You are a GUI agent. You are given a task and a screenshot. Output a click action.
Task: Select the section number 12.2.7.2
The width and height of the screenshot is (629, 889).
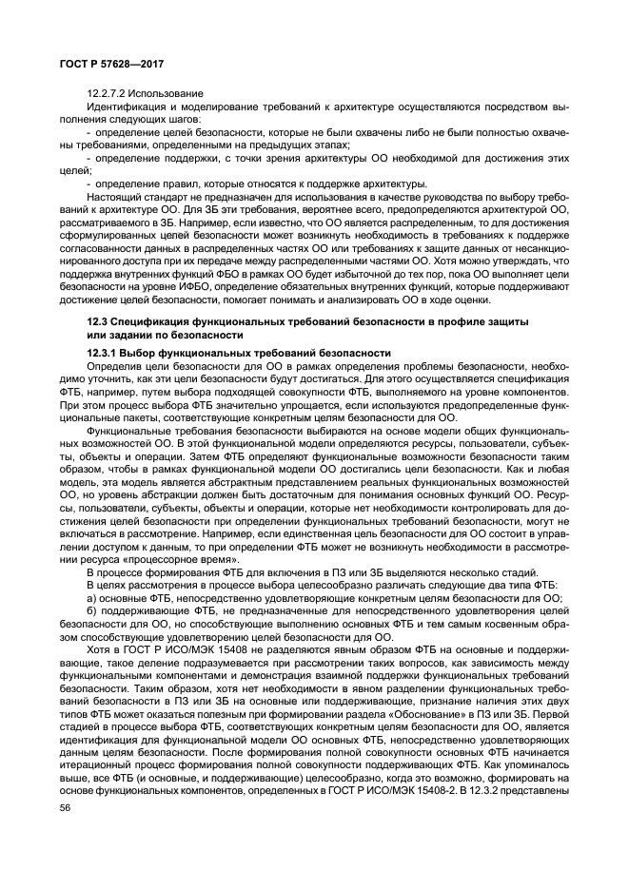click(x=112, y=93)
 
